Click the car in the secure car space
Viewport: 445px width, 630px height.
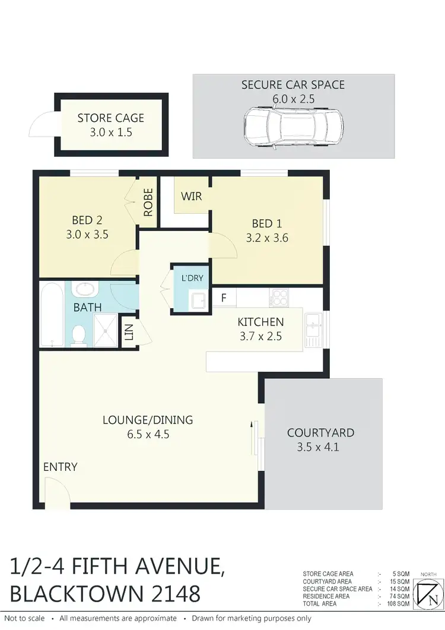pyautogui.click(x=294, y=125)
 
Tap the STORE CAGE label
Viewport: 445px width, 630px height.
pyautogui.click(x=110, y=118)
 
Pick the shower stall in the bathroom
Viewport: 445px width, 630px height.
pyautogui.click(x=106, y=330)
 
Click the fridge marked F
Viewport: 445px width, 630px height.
pyautogui.click(x=224, y=297)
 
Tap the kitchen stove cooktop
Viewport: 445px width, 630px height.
pyautogui.click(x=278, y=297)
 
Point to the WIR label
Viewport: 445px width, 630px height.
pyautogui.click(x=192, y=195)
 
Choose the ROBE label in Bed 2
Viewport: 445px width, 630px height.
pyautogui.click(x=148, y=202)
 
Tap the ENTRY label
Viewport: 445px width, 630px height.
pyautogui.click(x=60, y=467)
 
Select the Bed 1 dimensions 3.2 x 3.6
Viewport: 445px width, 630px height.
pyautogui.click(x=266, y=239)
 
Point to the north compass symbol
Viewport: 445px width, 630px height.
pyautogui.click(x=427, y=593)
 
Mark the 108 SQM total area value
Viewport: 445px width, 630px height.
pyautogui.click(x=399, y=604)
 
